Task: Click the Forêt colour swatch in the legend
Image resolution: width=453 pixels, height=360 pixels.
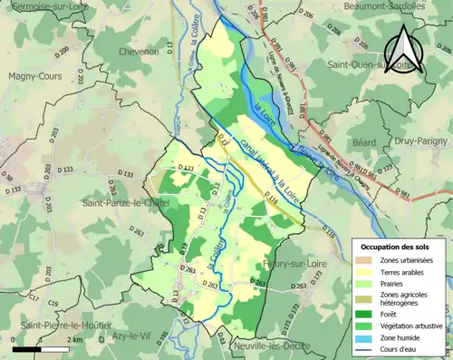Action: (367, 314)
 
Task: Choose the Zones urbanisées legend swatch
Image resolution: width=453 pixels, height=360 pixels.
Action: (367, 259)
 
